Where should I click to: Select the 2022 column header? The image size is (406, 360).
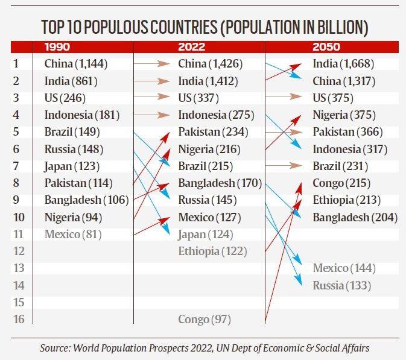192,46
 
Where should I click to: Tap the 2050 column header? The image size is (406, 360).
326,46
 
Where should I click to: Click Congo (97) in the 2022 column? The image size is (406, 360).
205,319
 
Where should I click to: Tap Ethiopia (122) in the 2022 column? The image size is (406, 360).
212,251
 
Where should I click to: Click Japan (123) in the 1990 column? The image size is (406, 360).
71,166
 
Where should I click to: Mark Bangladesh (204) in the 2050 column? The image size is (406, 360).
355,217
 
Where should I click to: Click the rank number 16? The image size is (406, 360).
19,319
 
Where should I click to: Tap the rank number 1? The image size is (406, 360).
16,63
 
